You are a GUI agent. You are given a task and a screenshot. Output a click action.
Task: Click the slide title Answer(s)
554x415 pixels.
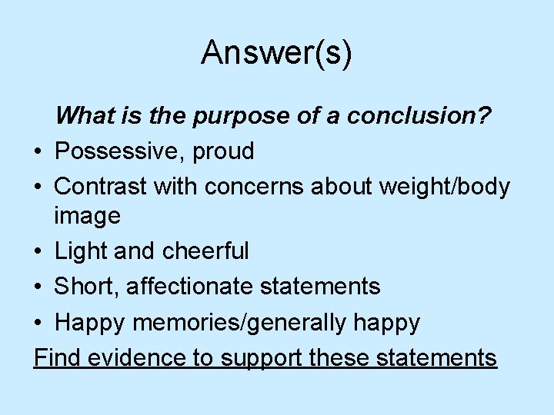click(x=276, y=53)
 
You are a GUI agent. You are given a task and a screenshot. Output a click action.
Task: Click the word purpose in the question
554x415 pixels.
click(x=234, y=117)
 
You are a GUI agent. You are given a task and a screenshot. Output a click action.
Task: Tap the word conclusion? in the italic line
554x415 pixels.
click(x=420, y=117)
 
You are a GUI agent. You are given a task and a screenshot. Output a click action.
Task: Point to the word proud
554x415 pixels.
click(x=224, y=151)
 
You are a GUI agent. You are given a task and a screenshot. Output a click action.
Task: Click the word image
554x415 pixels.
click(x=87, y=216)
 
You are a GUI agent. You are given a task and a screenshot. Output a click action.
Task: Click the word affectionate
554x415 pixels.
click(x=189, y=286)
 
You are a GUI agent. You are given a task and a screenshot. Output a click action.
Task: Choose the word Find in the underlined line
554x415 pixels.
click(x=56, y=357)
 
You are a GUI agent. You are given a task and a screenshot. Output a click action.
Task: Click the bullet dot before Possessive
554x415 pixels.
click(x=38, y=152)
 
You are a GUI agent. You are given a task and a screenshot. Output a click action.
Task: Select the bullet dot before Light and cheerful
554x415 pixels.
click(x=38, y=251)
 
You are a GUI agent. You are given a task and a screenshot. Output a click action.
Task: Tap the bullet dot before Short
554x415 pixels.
click(x=38, y=287)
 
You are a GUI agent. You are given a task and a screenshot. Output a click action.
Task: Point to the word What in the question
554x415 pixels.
click(x=85, y=117)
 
